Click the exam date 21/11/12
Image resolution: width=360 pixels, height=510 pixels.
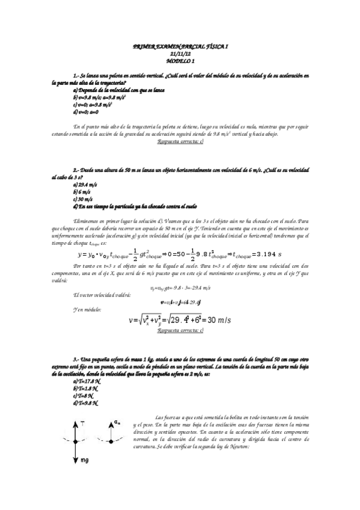pos(180,54)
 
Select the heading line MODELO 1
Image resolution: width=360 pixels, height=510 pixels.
pos(180,61)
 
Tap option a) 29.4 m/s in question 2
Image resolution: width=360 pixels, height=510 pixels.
pos(85,185)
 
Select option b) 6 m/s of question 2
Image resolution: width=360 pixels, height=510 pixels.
pos(82,192)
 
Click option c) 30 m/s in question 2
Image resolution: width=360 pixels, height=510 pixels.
pos(82,199)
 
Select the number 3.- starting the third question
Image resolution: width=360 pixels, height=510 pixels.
pos(76,358)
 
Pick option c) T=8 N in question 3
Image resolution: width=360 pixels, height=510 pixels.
pos(83,395)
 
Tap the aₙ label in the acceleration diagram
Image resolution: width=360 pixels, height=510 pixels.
pos(118,423)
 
